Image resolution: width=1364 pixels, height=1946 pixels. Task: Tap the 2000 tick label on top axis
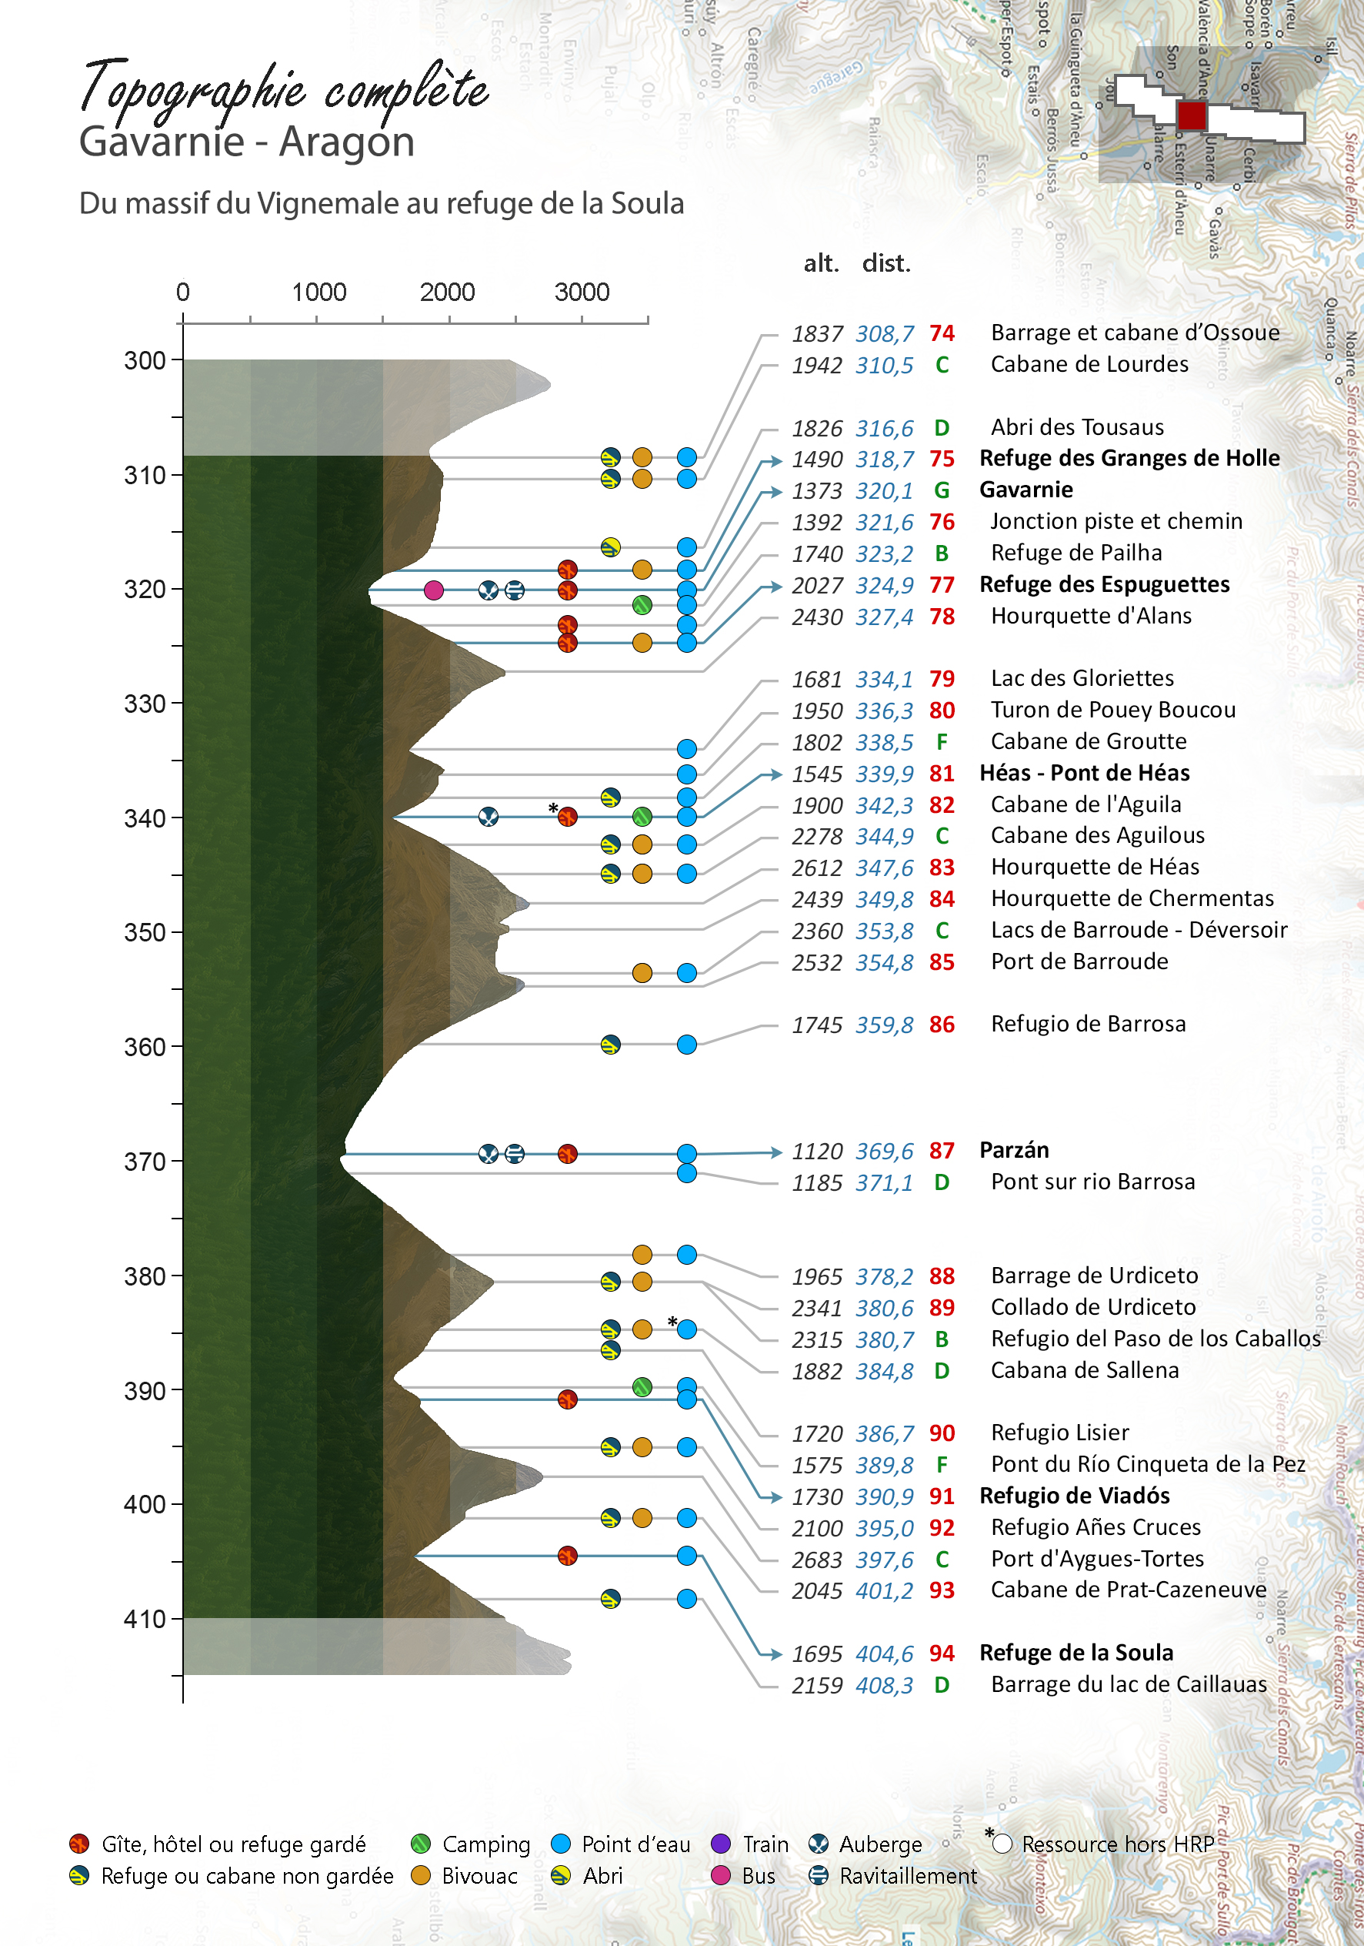point(446,293)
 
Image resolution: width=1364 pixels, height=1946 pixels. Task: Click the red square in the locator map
point(1191,115)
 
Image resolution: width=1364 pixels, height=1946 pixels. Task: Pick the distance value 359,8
point(884,1025)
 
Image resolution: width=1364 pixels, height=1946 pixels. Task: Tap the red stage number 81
point(941,774)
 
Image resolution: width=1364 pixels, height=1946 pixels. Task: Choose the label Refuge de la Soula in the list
point(1076,1653)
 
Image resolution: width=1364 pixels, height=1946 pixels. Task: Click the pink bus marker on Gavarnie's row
point(434,590)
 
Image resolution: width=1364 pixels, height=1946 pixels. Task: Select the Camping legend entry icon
point(420,1844)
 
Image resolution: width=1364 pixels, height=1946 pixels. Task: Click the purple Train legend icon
point(721,1844)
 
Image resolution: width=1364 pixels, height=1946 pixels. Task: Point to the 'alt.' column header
point(820,263)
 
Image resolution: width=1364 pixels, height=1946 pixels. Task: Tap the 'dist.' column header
point(885,263)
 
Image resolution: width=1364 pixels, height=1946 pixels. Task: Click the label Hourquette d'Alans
point(1090,616)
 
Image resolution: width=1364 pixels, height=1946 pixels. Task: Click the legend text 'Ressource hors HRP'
point(1118,1844)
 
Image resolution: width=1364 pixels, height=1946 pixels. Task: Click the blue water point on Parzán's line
point(687,1154)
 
